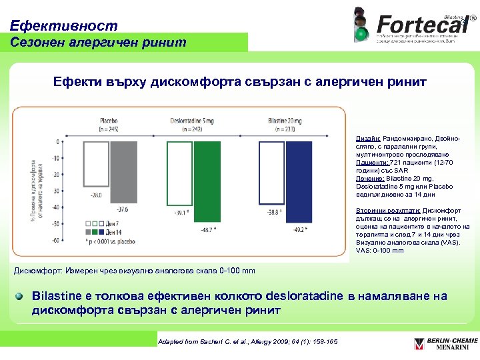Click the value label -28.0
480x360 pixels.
[96, 195]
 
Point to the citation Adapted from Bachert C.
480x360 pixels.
[247, 342]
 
